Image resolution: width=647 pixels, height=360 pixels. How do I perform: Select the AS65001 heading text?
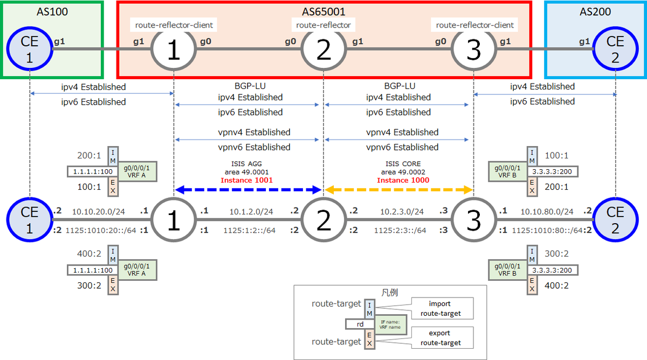[x=323, y=12]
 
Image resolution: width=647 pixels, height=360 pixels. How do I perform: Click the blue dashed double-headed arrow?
[x=248, y=190]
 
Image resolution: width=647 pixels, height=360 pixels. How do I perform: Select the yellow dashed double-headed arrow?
[x=398, y=190]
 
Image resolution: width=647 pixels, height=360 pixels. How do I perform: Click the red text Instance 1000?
[x=403, y=180]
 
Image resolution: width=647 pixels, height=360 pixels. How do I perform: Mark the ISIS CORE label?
[x=403, y=163]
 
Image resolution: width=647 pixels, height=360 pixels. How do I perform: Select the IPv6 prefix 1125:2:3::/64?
[x=398, y=231]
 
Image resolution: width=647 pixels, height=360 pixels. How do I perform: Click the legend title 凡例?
[x=389, y=292]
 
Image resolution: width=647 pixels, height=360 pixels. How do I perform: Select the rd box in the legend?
[x=360, y=324]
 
